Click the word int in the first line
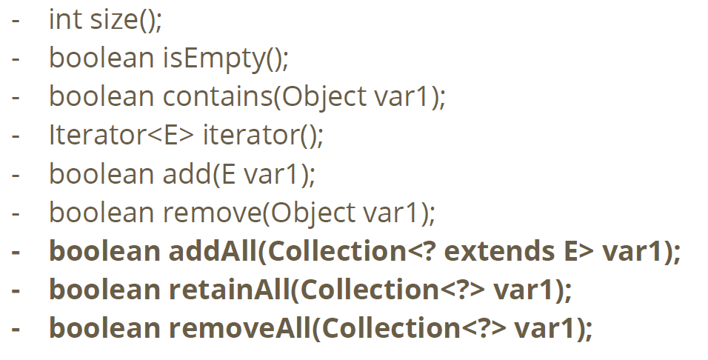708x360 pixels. coord(65,20)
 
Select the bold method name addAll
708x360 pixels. coord(210,251)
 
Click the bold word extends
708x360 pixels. coord(496,251)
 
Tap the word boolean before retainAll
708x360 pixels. coord(104,290)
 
